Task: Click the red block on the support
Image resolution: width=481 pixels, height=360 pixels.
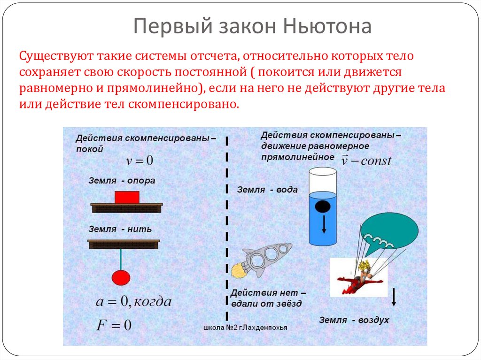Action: (x=127, y=197)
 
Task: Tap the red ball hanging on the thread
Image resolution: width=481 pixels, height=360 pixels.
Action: (x=121, y=277)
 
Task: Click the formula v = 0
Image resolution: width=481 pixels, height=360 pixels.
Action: (x=140, y=161)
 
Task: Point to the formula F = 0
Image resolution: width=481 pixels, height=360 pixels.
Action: (x=114, y=325)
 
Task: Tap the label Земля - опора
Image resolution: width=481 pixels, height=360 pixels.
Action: (x=121, y=180)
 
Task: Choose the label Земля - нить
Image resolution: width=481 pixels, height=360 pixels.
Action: (x=120, y=229)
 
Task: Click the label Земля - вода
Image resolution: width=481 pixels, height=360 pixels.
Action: (x=267, y=190)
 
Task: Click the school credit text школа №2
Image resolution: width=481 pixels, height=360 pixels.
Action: (x=246, y=328)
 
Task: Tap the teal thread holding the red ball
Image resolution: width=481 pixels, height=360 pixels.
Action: (x=121, y=260)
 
